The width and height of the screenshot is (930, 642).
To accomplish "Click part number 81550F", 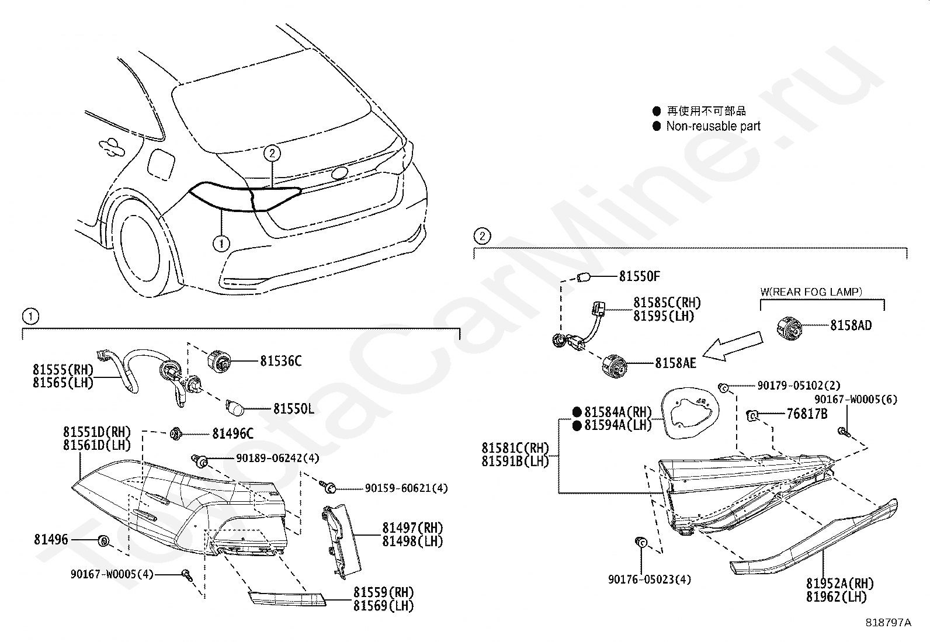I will [x=639, y=276].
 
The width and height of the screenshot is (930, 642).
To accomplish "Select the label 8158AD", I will [x=851, y=326].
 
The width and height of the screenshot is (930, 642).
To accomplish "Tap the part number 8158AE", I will [x=675, y=363].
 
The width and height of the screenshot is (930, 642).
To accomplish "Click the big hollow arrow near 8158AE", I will [x=733, y=346].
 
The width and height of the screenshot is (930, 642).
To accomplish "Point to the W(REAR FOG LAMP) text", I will [x=818, y=291].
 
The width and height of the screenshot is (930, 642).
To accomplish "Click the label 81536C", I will [x=281, y=361].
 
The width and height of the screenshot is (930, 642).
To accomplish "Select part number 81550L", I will [x=293, y=409].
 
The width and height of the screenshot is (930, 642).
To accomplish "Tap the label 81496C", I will [x=232, y=433].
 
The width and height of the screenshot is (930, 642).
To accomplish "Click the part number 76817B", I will [x=807, y=414].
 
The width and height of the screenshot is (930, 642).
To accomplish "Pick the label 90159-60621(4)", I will [x=406, y=488].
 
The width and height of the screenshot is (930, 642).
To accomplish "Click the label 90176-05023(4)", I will [x=649, y=579].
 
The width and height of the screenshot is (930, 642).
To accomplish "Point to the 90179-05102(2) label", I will [x=799, y=386].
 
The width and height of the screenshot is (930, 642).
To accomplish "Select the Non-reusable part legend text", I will [x=713, y=126].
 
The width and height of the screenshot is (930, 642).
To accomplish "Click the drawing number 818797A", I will [x=888, y=623].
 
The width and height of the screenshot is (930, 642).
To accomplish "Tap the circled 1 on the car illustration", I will [x=221, y=243].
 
